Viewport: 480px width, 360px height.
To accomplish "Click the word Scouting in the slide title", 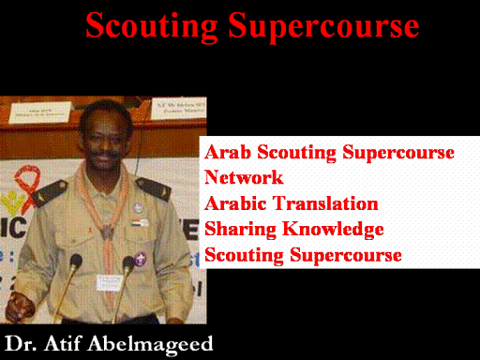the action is tap(152, 27).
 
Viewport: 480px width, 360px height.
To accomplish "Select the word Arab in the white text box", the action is tap(228, 152).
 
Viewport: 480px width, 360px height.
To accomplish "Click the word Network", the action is tap(244, 177).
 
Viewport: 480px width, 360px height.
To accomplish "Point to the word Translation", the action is tap(326, 203).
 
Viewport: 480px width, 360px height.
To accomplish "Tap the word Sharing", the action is tap(240, 230).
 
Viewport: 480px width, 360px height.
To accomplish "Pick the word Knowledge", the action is tap(333, 229).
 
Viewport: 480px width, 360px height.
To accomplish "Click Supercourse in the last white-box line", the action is tap(346, 256).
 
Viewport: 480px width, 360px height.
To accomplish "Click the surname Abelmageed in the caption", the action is tap(150, 345).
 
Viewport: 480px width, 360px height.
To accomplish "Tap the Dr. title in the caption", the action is tap(21, 344).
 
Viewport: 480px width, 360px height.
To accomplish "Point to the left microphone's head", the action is tap(76, 261).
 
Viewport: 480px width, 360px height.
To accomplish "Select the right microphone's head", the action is tap(128, 262).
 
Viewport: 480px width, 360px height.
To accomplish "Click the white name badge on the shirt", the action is tap(109, 282).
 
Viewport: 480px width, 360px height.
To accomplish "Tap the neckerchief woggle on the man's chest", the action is tap(107, 232).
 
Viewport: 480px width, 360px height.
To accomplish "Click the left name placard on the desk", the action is tap(40, 113).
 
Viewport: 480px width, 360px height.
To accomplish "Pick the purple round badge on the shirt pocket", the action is tap(140, 258).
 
